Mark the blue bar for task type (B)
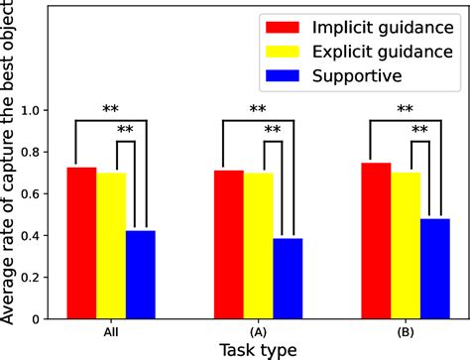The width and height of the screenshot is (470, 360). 434,269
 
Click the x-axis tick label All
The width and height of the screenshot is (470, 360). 111,332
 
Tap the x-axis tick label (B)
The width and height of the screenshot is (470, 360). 406,332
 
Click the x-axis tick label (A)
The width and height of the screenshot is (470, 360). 258,332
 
